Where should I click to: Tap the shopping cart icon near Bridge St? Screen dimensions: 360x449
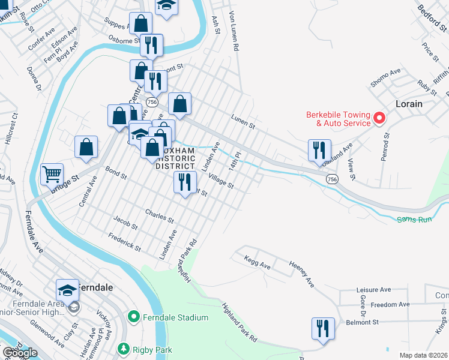tap(52, 175)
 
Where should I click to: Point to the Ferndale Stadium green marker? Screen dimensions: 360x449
tap(133, 317)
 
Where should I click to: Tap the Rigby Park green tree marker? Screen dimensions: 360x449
tap(124, 349)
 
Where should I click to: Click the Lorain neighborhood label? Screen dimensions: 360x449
tap(409, 104)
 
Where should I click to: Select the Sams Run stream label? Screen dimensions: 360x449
tap(414, 220)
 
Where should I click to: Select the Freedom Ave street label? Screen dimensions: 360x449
tap(390, 305)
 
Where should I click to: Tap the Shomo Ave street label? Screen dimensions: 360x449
tap(385, 78)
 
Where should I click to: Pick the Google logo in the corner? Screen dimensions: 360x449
tap(20, 353)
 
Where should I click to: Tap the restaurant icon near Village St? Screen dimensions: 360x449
tap(185, 182)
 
